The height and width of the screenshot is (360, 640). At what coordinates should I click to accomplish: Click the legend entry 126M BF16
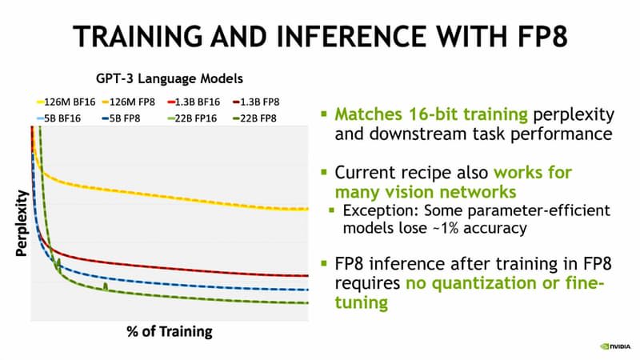(x=66, y=102)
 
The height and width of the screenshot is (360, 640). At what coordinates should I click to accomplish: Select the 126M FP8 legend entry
(x=129, y=102)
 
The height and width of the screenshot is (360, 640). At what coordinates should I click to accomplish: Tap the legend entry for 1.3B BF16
(x=194, y=102)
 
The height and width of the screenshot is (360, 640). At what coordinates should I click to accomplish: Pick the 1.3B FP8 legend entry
(x=256, y=102)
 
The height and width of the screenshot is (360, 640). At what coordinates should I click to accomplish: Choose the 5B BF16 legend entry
(x=58, y=118)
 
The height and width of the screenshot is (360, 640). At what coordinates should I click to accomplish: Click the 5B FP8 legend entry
(x=122, y=118)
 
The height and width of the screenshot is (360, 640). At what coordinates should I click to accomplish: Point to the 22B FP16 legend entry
(x=192, y=118)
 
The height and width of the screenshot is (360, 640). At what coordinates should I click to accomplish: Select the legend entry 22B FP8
(x=254, y=118)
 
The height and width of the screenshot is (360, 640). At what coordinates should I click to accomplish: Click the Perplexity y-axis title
(x=22, y=223)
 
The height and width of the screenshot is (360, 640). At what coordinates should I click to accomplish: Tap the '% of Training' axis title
(x=170, y=331)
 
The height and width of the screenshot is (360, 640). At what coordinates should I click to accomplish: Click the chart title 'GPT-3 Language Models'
(x=170, y=78)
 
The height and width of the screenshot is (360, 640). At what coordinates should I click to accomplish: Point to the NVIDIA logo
(x=615, y=346)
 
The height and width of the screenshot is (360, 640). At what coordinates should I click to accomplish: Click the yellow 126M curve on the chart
(x=171, y=196)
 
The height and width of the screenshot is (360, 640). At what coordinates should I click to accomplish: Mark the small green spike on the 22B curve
(x=106, y=286)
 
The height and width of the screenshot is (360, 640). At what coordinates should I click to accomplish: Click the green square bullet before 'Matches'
(x=324, y=114)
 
